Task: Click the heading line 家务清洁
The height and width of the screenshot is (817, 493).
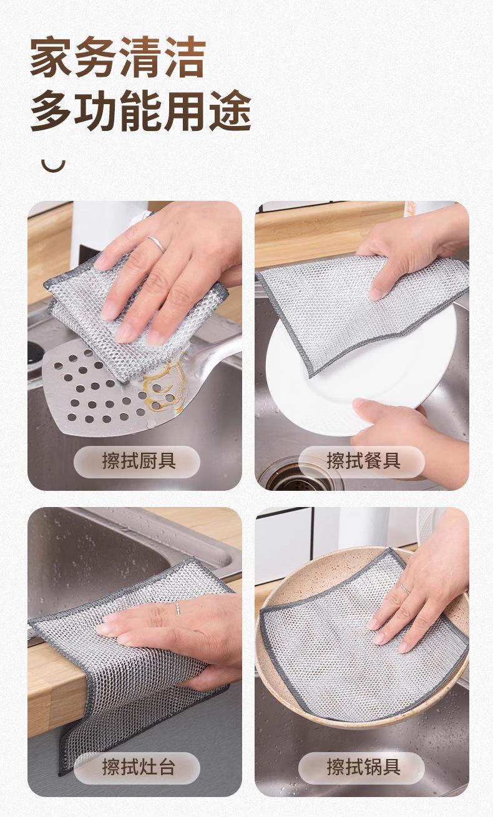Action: point(118,57)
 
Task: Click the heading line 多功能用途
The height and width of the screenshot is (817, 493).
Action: point(140,110)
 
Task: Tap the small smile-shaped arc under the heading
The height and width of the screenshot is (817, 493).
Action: point(53,167)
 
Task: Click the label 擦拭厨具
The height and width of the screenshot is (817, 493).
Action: point(139,461)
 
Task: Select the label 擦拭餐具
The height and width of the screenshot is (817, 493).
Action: point(363,461)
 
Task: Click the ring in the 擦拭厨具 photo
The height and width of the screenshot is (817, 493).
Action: point(157,244)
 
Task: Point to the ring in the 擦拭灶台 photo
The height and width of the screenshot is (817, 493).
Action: point(178,608)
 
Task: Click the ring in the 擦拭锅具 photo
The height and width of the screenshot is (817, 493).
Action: point(405,589)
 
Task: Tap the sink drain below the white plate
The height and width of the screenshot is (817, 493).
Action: point(299,475)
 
